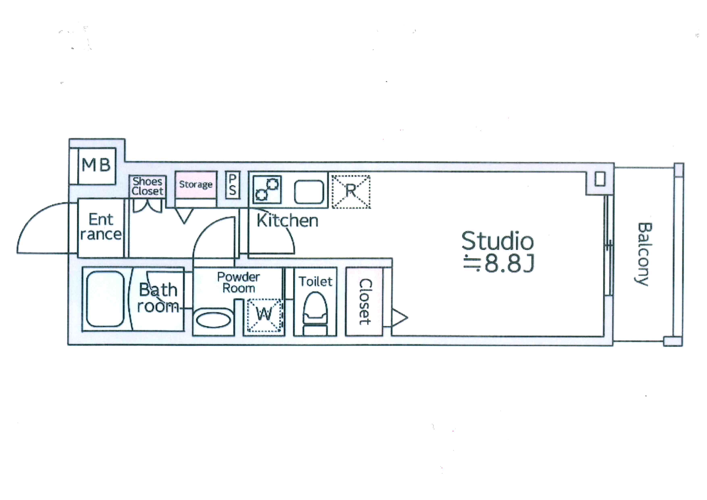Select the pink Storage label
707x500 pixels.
tap(196, 184)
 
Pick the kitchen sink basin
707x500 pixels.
tap(309, 192)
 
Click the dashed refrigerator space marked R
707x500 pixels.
tap(351, 192)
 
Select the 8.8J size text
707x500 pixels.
tap(510, 264)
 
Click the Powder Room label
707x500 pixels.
tap(239, 282)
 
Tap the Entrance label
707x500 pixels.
tap(101, 227)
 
